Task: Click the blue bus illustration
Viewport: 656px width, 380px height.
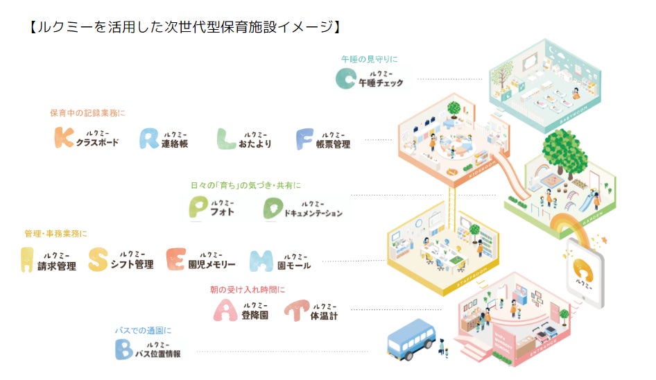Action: click(411, 340)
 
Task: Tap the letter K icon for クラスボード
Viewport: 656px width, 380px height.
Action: click(64, 137)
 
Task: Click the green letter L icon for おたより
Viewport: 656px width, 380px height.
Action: click(227, 139)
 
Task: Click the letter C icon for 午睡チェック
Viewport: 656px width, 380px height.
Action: click(345, 79)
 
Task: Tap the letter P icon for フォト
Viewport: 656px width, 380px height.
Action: click(199, 207)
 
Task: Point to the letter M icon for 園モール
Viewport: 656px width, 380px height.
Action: click(261, 259)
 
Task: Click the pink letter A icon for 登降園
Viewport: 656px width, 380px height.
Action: click(225, 309)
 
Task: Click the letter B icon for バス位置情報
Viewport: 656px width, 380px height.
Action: click(123, 349)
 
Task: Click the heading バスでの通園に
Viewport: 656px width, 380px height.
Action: click(143, 330)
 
